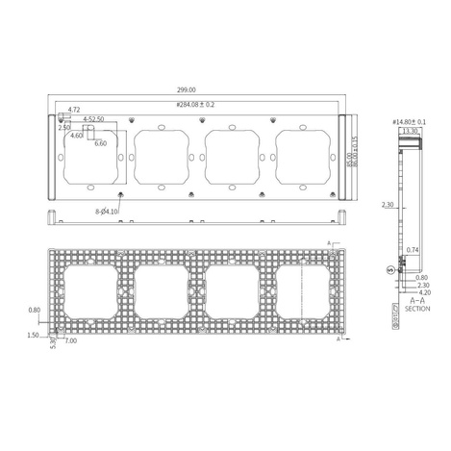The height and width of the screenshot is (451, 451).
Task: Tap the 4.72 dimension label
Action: coord(75,112)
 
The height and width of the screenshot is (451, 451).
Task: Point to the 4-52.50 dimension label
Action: coord(94,120)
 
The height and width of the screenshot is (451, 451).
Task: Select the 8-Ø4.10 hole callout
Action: coord(107,211)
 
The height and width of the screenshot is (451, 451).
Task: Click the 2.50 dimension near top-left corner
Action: coord(64,127)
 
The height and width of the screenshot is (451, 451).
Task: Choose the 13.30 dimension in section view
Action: coord(411,131)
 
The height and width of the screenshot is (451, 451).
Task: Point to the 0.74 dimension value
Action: coord(412,249)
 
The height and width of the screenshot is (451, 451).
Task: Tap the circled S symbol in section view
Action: coord(389,269)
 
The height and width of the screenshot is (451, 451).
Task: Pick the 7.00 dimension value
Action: coord(71,339)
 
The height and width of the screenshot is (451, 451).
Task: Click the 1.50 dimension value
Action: coord(35,336)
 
